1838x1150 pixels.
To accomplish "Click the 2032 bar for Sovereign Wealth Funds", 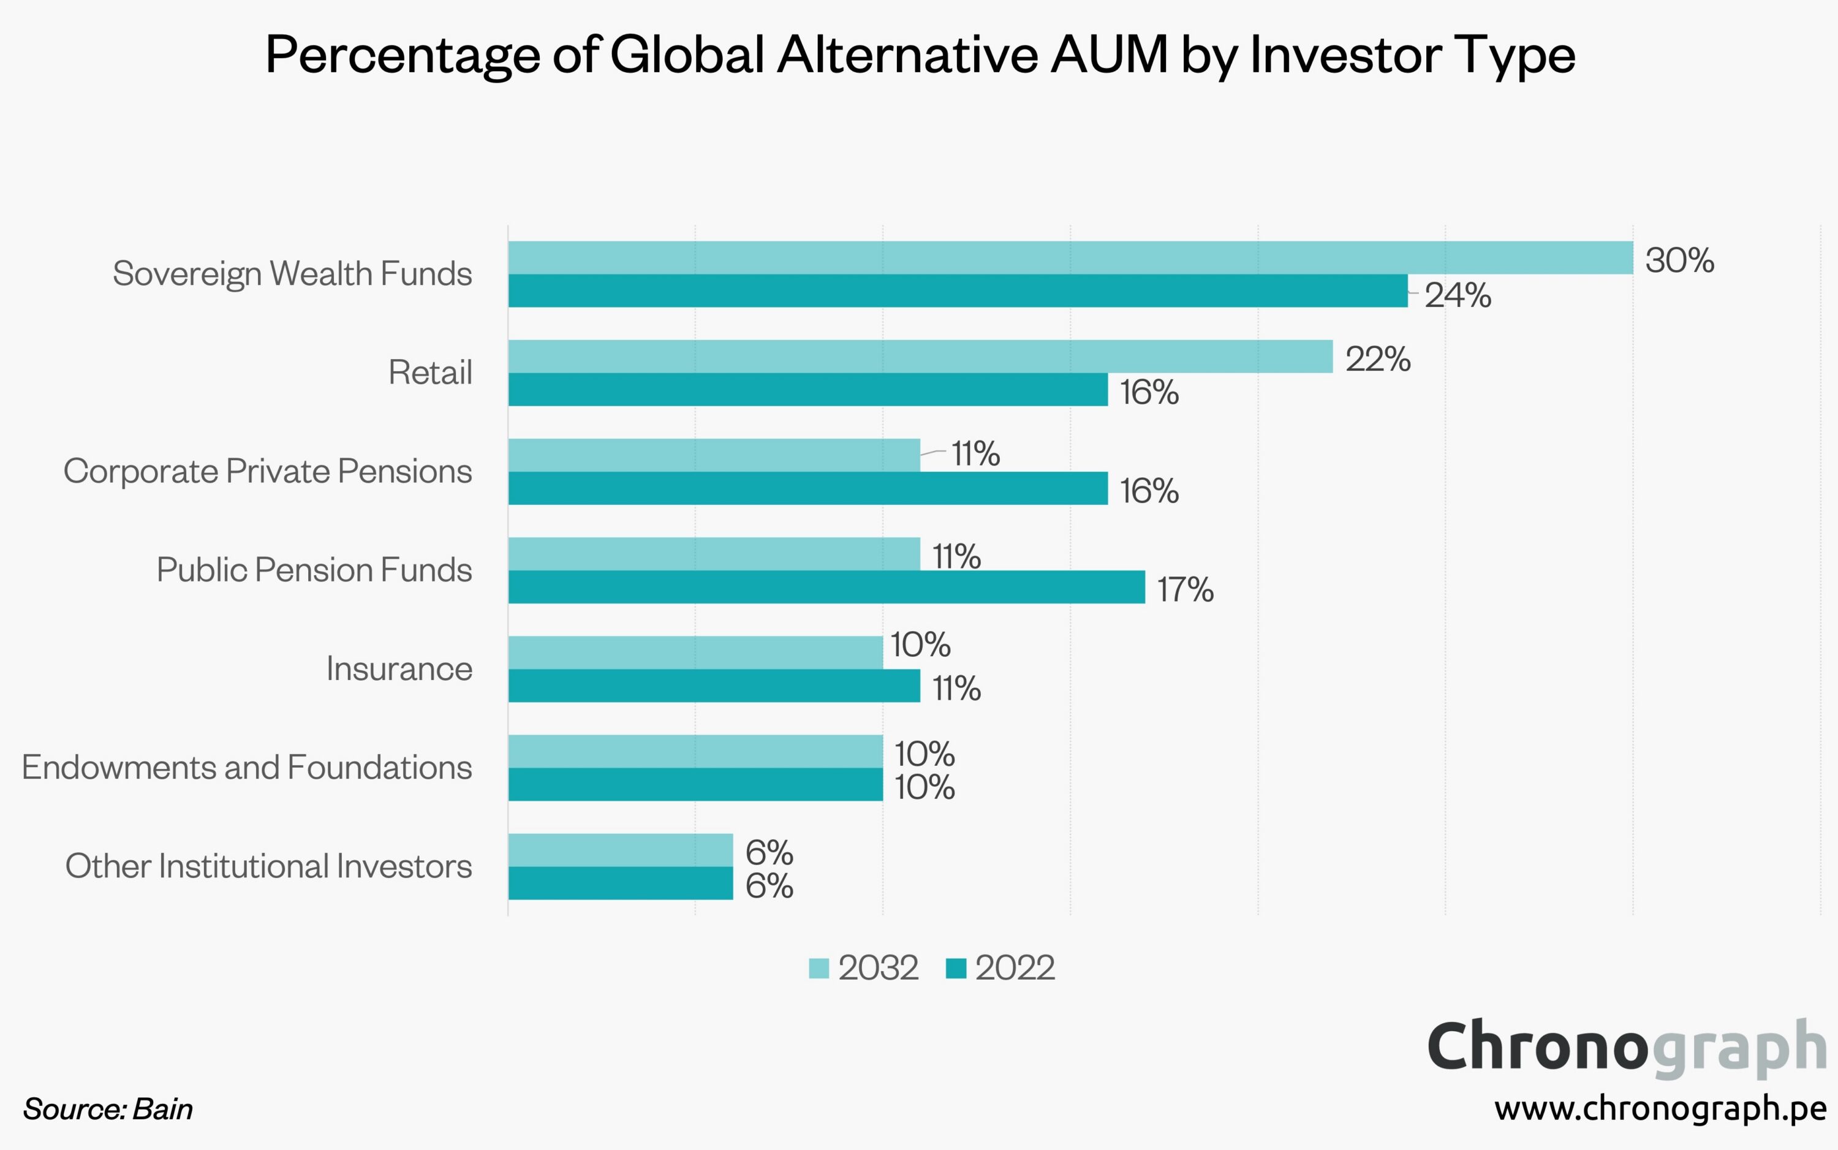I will [1070, 258].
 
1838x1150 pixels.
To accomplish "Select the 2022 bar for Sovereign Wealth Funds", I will [958, 290].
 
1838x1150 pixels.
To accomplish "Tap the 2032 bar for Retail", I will [920, 357].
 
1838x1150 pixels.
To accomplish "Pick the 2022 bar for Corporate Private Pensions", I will [807, 488].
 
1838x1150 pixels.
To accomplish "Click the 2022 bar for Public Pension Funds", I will [826, 587].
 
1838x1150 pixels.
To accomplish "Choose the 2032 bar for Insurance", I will [695, 653].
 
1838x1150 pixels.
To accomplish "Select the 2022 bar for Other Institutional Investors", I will [621, 883].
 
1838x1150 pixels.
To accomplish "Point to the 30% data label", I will [1679, 261].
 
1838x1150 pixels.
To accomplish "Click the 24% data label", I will [1457, 295].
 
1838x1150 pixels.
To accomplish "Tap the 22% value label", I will [1377, 359].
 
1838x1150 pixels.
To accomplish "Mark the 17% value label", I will [1185, 589].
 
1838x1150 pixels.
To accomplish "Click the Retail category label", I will [429, 373].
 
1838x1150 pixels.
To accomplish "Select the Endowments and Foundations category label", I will [247, 768].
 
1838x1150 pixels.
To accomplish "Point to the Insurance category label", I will [399, 668].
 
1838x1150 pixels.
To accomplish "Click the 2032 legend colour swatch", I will [819, 968].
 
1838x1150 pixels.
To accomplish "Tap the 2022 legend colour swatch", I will [955, 968].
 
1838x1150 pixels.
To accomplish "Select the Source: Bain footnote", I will [108, 1109].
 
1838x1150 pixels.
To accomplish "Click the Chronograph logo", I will [1627, 1047].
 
